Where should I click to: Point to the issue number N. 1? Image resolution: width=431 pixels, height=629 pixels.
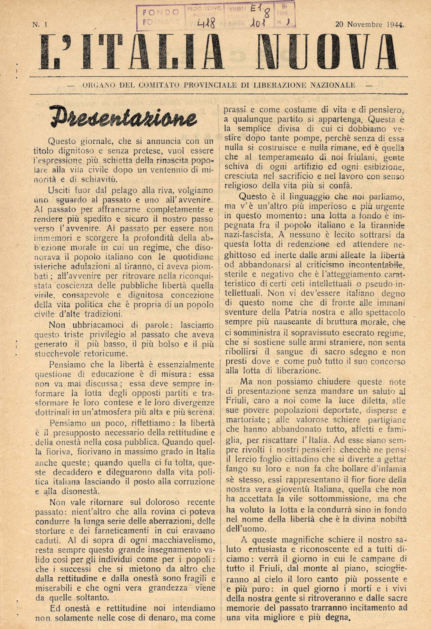click(x=40, y=25)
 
